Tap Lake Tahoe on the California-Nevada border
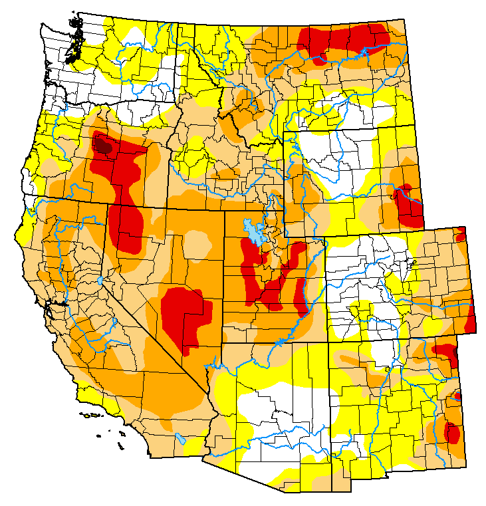100,281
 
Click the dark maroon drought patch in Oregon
102,142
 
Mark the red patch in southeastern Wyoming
407,206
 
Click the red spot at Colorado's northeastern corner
461,233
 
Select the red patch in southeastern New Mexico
451,432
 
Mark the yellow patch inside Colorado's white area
362,309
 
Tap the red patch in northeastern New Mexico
445,352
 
